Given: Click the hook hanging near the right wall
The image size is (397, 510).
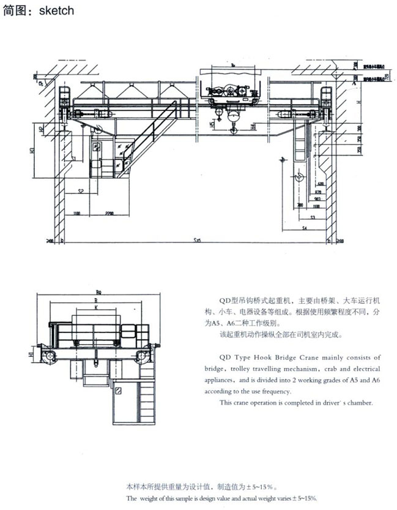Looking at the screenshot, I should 299,178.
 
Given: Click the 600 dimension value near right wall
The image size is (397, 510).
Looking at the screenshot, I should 321,184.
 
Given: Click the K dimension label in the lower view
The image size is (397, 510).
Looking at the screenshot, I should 95,307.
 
